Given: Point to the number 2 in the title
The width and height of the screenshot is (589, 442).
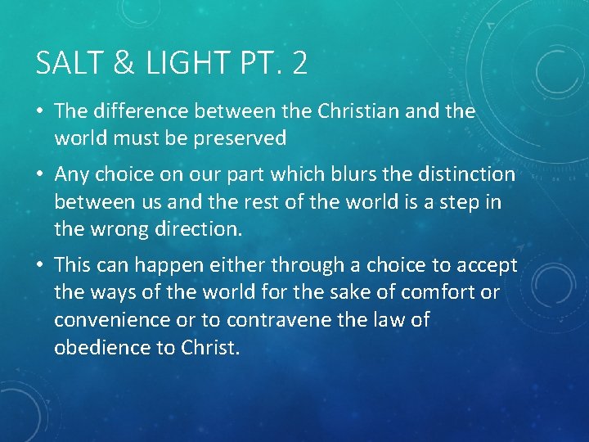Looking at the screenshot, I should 299,64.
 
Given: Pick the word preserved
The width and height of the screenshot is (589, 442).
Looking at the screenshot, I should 241,138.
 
